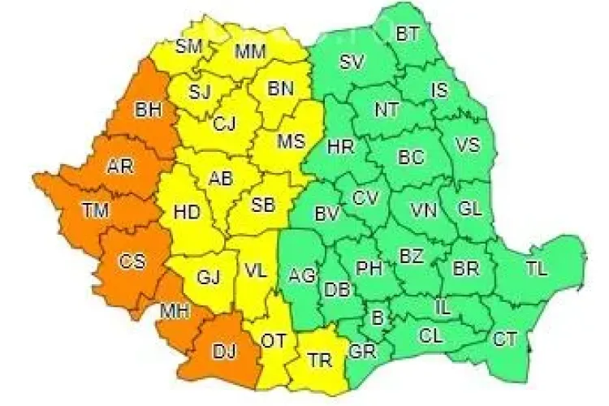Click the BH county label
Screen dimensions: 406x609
[x=149, y=109]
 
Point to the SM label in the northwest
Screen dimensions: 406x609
[x=188, y=46]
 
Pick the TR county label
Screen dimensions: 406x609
[x=320, y=361]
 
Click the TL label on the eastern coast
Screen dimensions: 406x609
[x=537, y=268]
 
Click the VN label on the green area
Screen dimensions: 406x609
[x=424, y=211]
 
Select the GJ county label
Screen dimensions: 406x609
[x=209, y=277]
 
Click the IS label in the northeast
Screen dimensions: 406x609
[x=439, y=91]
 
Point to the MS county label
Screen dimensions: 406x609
[x=291, y=140]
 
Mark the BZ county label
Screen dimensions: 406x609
[x=412, y=257]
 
